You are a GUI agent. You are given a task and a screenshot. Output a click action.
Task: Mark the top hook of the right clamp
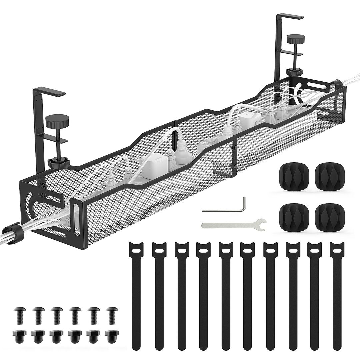pyautogui.click(x=290, y=17)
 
